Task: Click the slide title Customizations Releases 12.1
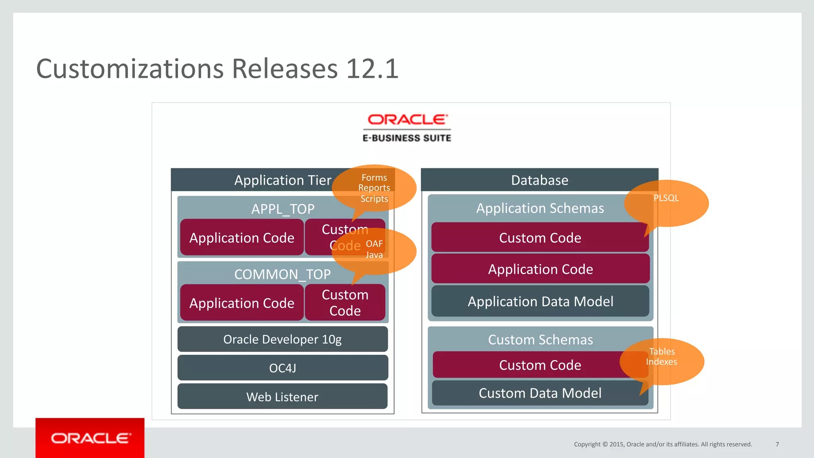[217, 69]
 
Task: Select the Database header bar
[539, 180]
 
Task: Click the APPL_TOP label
[283, 209]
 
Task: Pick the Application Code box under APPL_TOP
[242, 238]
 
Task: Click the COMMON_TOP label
[282, 274]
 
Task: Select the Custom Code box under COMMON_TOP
[345, 303]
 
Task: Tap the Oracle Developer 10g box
[282, 339]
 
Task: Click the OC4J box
[282, 368]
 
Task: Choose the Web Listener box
[282, 396]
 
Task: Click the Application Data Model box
[540, 301]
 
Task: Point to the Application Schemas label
[540, 208]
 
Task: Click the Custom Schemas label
[540, 340]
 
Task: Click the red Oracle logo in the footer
[90, 438]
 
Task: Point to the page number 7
[777, 444]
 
